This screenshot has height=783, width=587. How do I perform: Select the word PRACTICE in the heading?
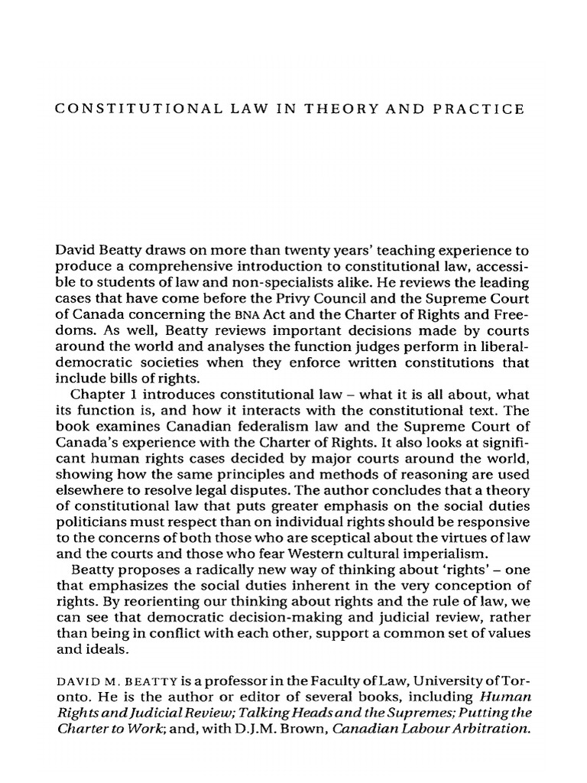[484, 109]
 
